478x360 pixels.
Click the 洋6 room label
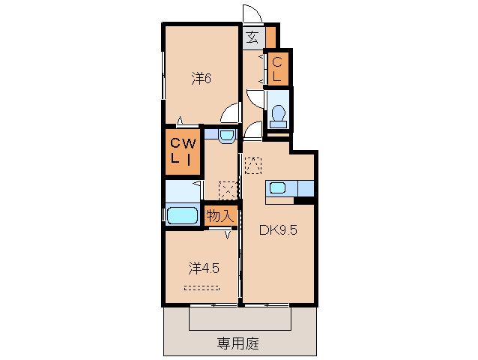199,77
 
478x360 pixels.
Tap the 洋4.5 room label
203,268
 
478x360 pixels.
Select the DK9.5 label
279,230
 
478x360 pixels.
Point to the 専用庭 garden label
238,343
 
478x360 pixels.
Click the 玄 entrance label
252,36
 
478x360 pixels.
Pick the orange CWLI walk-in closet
183,151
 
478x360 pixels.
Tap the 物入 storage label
220,216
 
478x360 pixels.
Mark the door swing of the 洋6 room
233,112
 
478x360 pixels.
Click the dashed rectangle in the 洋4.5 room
202,287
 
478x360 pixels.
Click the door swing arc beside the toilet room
254,129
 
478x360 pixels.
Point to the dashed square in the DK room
253,165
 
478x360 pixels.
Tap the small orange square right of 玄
270,35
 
